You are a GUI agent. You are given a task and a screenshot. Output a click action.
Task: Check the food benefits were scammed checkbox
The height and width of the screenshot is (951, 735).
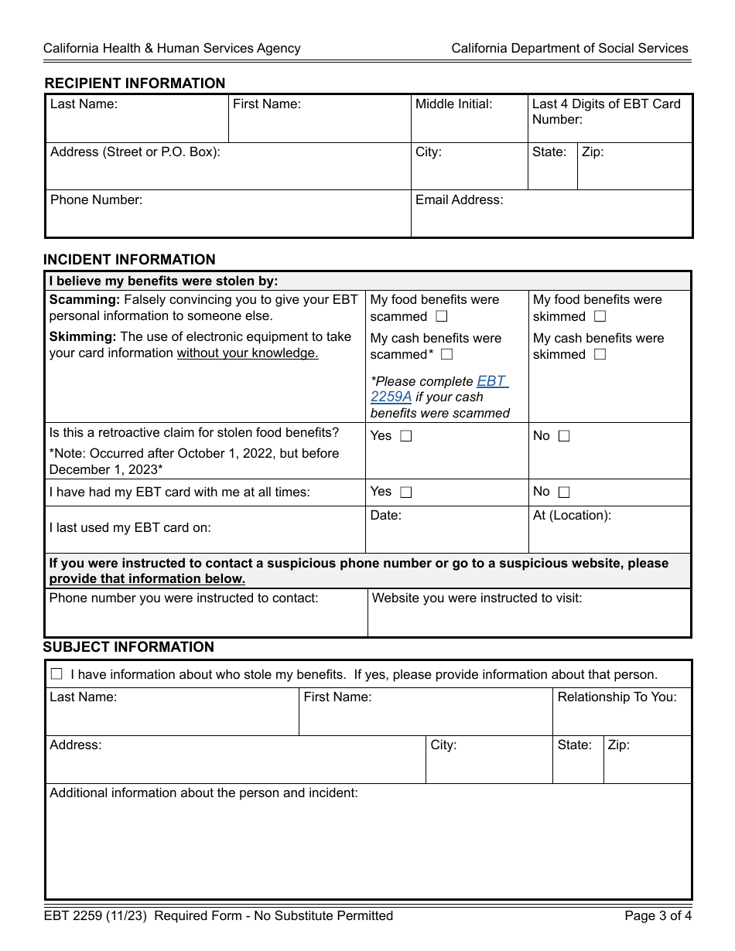click(441, 316)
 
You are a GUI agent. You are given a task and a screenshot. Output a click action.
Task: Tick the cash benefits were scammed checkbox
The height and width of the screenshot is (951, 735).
click(446, 355)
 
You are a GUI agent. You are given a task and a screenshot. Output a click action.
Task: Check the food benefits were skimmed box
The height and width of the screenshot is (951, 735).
click(600, 316)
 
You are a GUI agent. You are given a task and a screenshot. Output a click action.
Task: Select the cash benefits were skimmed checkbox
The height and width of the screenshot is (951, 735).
click(600, 355)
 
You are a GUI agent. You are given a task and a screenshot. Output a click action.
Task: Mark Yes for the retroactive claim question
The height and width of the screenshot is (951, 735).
click(406, 436)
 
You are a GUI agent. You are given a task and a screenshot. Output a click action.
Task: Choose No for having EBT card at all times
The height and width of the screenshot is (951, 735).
click(564, 492)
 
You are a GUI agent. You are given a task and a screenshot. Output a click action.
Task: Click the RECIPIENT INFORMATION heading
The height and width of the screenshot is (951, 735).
click(135, 84)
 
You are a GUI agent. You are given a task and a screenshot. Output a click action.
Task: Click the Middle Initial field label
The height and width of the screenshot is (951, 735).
click(453, 104)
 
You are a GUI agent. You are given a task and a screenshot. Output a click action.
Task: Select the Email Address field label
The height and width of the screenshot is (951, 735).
click(459, 200)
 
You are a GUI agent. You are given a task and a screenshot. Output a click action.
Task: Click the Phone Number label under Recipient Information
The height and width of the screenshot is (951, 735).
click(97, 200)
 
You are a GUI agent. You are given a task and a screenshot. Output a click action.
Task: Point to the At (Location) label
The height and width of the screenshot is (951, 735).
click(572, 516)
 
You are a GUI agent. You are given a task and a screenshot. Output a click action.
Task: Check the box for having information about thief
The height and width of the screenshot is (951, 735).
click(56, 674)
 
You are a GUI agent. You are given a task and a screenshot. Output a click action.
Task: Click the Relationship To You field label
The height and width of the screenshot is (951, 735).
click(617, 697)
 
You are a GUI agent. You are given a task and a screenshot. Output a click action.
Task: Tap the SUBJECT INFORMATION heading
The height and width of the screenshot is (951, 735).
click(128, 647)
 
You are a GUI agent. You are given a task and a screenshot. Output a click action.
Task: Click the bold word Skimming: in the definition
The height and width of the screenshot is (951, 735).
click(84, 337)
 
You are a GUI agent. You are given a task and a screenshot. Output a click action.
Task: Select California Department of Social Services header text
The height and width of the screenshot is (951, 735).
click(569, 49)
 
